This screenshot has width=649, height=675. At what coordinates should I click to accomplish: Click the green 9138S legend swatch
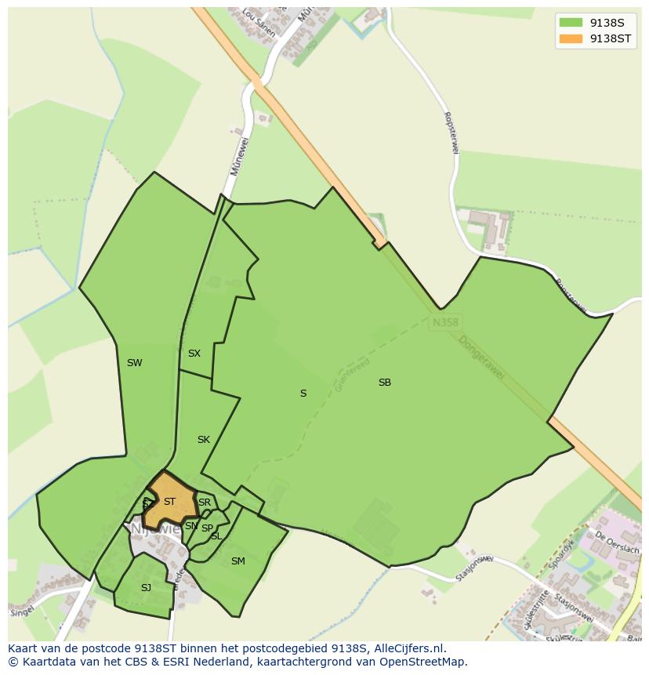[571, 23]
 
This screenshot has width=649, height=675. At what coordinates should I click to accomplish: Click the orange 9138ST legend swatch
[571, 38]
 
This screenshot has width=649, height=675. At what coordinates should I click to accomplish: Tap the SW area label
[134, 363]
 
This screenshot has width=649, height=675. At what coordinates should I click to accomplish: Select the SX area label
[194, 354]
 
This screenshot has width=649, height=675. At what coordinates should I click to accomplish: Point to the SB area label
[384, 383]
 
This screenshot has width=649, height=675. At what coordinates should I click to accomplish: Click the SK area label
[204, 440]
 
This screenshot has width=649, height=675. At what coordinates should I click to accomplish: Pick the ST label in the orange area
[169, 502]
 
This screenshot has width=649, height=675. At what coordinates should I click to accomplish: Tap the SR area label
[205, 503]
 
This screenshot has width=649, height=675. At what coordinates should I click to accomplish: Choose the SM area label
[238, 561]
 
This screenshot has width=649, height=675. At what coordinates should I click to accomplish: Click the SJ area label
[146, 588]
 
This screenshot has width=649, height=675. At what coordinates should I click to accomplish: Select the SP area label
[207, 528]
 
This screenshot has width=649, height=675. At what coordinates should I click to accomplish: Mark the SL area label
[216, 536]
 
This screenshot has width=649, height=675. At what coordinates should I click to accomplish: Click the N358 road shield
[444, 321]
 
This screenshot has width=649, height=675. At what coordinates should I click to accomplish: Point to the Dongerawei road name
[481, 360]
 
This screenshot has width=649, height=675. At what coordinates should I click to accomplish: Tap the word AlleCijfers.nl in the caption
[409, 648]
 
